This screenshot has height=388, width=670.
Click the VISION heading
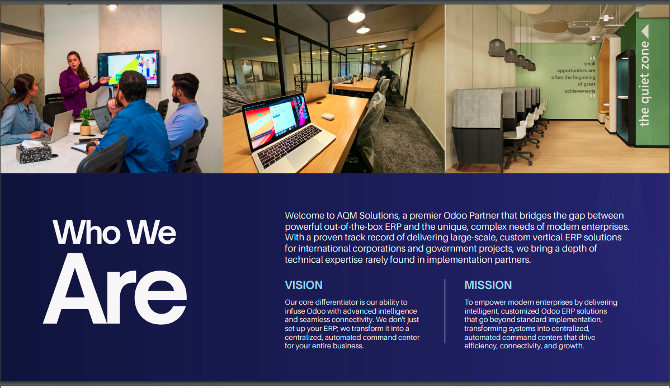(303, 285)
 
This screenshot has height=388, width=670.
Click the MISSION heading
(488, 285)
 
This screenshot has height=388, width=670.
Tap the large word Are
(115, 289)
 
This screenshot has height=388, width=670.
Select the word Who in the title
(86, 233)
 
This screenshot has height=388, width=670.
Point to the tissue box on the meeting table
(34, 152)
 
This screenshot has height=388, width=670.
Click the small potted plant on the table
(86, 121)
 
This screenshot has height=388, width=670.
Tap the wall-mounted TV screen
(129, 68)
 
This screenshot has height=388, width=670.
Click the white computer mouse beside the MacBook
(328, 116)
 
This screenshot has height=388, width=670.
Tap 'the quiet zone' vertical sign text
(644, 84)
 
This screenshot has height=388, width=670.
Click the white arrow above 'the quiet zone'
(645, 31)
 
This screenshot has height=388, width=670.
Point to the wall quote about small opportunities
(573, 77)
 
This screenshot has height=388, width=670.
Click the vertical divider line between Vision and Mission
(445, 311)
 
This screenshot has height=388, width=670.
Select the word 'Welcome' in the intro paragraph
(304, 215)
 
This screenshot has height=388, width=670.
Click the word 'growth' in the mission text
(570, 346)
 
